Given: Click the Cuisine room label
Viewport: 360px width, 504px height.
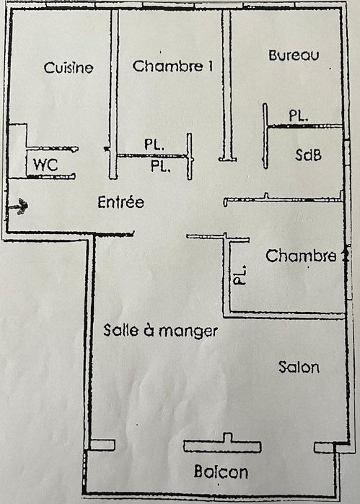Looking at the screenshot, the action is tap(69, 67).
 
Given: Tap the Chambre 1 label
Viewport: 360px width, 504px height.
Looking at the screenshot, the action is tap(172, 66).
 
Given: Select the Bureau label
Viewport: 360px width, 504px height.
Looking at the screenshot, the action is tap(294, 56).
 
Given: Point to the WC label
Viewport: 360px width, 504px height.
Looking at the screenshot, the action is tap(45, 165).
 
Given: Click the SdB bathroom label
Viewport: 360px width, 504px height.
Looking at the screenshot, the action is tap(308, 155).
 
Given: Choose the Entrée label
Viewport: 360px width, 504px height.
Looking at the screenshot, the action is tap(120, 202).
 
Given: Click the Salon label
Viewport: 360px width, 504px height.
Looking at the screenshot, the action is tap(299, 367).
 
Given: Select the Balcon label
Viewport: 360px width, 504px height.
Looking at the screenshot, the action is tap(221, 472).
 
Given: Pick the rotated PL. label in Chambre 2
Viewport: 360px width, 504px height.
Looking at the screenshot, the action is tap(240, 275).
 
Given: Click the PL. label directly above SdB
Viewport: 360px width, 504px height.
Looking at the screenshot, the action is tap(299, 116).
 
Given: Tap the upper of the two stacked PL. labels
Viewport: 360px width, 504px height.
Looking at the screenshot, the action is tap(154, 144).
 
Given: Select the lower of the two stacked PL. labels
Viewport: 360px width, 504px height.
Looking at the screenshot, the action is tap(161, 166).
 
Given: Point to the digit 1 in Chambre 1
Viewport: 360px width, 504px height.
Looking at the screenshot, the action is tap(210, 66).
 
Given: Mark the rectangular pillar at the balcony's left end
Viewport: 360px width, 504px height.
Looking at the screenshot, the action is tap(102, 445).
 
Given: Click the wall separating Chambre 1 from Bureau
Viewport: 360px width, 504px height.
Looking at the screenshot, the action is tap(227, 85).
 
